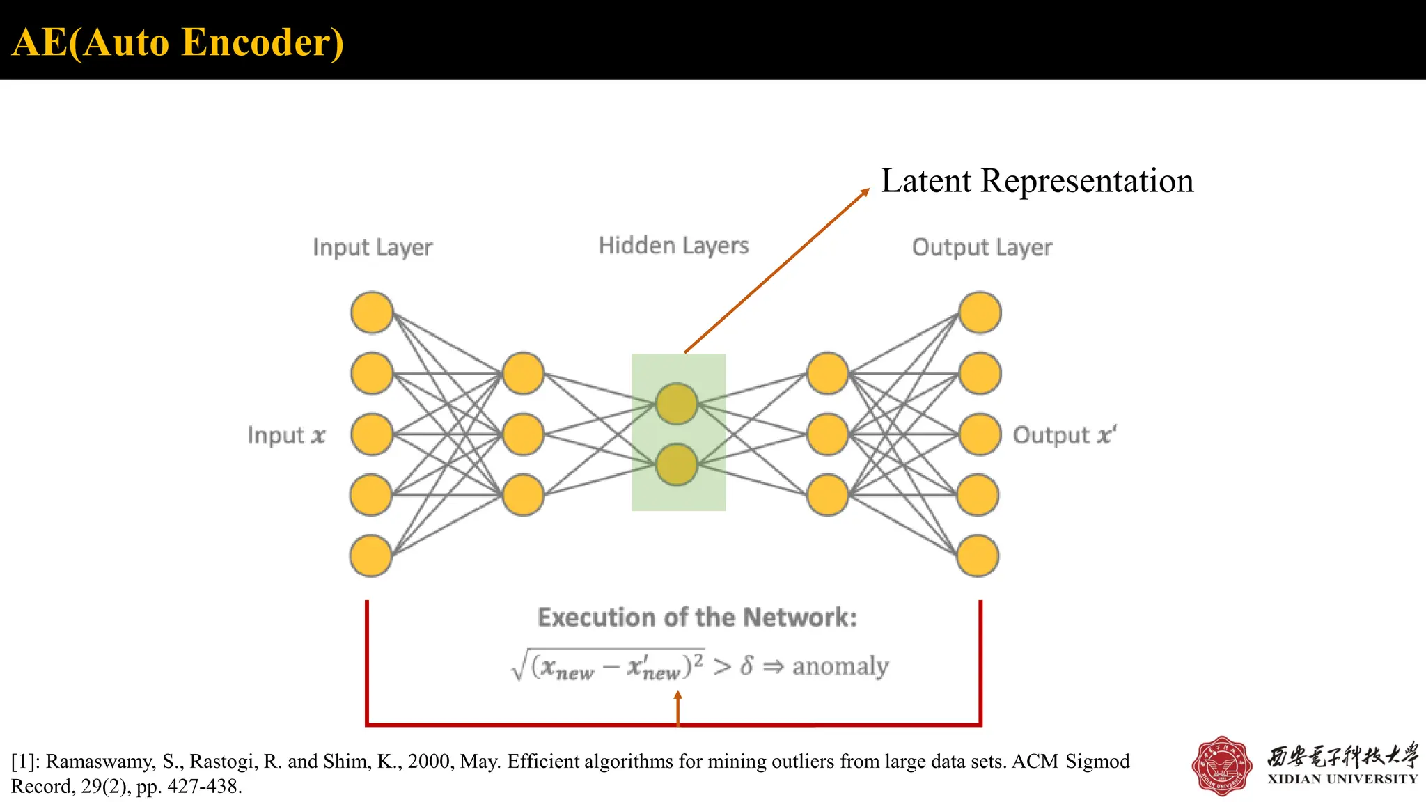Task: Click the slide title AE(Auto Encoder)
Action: point(178,42)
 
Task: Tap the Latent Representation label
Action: point(1037,181)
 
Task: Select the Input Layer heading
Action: point(373,247)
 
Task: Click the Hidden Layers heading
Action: point(673,246)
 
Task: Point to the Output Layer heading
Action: point(982,247)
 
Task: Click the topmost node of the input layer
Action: point(372,313)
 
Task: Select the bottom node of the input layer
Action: point(370,556)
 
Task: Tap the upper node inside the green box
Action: point(676,404)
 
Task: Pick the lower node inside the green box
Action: point(676,464)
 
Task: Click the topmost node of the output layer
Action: point(980,313)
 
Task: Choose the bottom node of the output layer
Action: point(978,556)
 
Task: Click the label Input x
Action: point(286,435)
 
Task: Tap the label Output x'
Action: point(1064,435)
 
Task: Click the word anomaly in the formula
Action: point(840,666)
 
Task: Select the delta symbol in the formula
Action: point(746,666)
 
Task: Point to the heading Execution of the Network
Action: point(697,618)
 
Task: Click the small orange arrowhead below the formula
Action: point(678,695)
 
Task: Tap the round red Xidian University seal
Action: point(1221,766)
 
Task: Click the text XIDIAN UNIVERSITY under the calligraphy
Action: point(1342,779)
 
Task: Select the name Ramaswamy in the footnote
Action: point(101,762)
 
